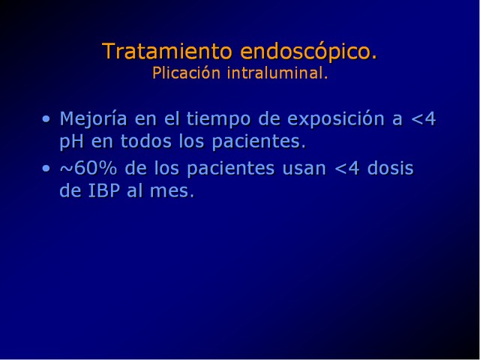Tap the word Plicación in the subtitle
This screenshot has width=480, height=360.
(x=187, y=73)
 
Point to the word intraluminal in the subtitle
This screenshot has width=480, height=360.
(x=277, y=73)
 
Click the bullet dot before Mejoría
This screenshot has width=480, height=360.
(x=46, y=118)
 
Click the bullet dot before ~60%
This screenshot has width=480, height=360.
(x=46, y=168)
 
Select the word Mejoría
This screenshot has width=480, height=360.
(x=93, y=119)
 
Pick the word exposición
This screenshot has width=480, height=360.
(x=336, y=119)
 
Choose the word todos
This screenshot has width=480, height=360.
(x=145, y=142)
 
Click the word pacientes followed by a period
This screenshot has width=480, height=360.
(x=259, y=142)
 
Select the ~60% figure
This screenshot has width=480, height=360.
(x=88, y=168)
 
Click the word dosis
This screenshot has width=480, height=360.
(x=390, y=168)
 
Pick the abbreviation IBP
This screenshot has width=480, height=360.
(x=103, y=190)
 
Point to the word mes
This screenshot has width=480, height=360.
(x=172, y=192)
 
